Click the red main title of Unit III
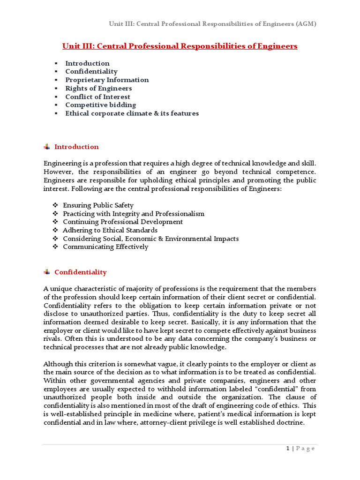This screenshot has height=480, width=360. [180, 46]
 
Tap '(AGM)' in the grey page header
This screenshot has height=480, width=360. [306, 24]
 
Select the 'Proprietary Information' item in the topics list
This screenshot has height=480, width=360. [107, 80]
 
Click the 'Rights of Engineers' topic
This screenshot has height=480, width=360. [98, 88]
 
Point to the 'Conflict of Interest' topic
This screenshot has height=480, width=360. [97, 97]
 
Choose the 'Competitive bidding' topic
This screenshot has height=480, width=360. [100, 105]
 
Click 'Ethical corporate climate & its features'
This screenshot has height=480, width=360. [132, 113]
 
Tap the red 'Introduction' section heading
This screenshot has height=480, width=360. [76, 147]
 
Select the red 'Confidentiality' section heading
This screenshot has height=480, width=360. [80, 272]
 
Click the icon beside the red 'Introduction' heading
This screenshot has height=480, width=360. [46, 147]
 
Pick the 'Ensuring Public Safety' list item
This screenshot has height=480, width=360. [98, 205]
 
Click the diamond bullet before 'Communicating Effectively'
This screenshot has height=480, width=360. [55, 247]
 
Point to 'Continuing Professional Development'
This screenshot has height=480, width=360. [123, 222]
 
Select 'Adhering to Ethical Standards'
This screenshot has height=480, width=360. [110, 230]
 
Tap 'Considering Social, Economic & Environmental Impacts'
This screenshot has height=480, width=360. [150, 239]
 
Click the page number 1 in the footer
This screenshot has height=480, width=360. [288, 449]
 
